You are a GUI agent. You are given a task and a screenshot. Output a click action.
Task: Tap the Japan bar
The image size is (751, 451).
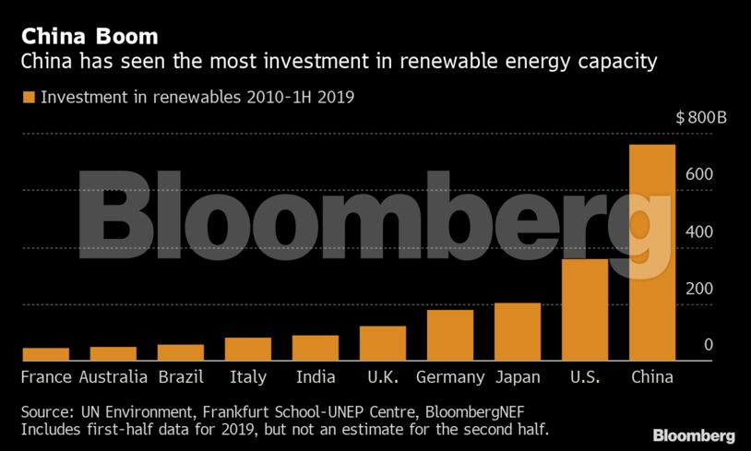[x=518, y=331]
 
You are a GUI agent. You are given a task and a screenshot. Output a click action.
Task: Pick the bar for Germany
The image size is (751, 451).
[x=450, y=335]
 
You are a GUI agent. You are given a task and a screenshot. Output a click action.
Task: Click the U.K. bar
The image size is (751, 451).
[x=383, y=343]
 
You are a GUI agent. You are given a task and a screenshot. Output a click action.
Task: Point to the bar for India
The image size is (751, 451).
[x=316, y=348]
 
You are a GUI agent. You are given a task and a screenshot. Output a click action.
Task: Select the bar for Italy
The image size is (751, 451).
[x=248, y=349]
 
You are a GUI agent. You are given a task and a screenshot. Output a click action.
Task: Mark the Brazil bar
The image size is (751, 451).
[x=181, y=352]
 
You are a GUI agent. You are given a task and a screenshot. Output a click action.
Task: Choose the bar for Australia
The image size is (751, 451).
[x=113, y=353]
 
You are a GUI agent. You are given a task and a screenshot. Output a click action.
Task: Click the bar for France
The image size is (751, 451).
[x=46, y=354]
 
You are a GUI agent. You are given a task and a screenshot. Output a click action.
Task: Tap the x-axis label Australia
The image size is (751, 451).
[x=113, y=377]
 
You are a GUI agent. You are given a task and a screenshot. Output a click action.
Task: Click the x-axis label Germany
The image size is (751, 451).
[x=450, y=377]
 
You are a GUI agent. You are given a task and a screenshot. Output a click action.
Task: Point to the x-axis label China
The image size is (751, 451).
[x=652, y=377]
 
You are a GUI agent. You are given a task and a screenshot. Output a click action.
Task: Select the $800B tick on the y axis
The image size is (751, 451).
[x=700, y=118]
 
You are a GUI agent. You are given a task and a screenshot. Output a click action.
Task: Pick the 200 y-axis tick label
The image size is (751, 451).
[x=698, y=289]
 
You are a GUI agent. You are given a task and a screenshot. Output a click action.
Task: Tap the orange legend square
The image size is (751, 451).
[x=28, y=96]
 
